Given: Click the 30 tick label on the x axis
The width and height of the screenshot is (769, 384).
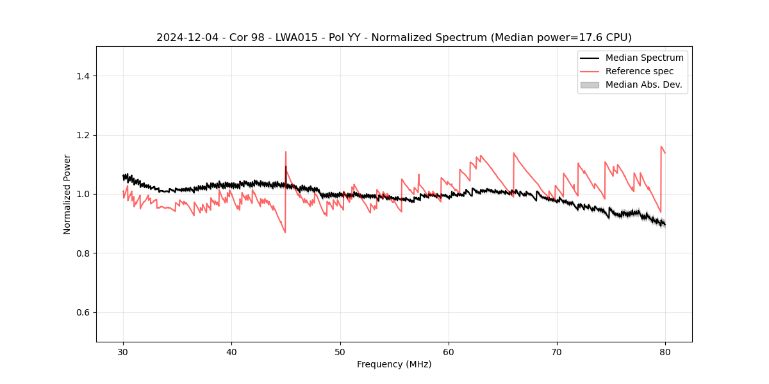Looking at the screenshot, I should click(x=123, y=352).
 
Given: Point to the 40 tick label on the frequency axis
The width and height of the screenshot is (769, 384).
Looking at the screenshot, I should click(x=231, y=352).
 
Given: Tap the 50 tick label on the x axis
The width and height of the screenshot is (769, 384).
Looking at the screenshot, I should click(x=340, y=352).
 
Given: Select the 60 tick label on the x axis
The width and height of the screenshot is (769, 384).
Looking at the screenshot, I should click(x=449, y=352).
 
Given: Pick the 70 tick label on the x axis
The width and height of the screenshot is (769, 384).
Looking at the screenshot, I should click(x=557, y=352).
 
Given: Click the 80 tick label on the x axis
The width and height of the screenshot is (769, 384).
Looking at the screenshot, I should click(x=665, y=352).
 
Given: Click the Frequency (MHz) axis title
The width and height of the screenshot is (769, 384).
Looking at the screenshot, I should click(x=394, y=364).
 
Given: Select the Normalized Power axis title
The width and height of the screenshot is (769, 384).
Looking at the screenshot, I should click(x=67, y=194).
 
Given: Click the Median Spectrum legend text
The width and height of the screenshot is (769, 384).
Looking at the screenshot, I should click(x=644, y=58).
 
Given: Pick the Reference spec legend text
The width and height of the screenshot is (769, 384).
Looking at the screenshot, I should click(x=639, y=71).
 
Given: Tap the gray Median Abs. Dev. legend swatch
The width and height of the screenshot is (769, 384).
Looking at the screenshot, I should click(x=589, y=84).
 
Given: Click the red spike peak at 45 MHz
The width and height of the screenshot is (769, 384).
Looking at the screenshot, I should click(x=286, y=152).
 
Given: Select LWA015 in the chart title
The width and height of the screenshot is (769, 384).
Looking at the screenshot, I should click(x=290, y=38).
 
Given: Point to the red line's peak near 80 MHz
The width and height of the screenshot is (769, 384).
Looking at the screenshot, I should click(x=661, y=147).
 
